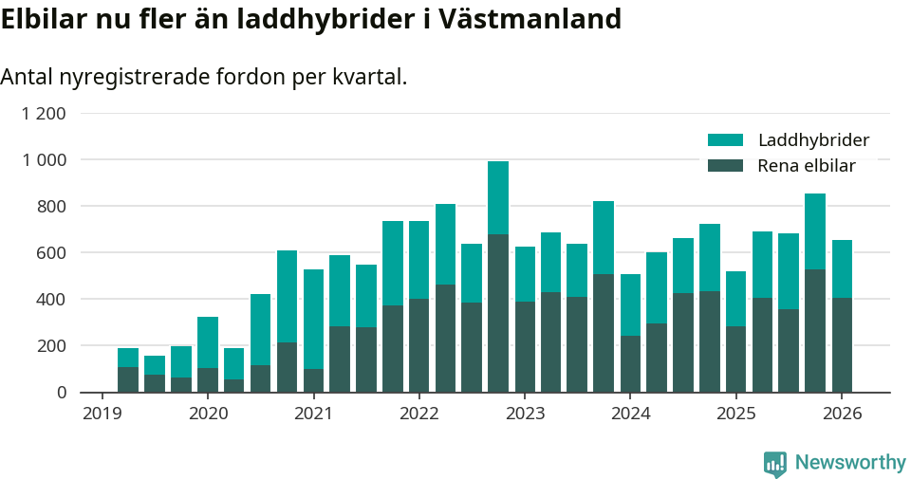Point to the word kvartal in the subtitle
click(369, 77)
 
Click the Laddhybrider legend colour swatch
click(725, 140)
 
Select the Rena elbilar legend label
click(807, 166)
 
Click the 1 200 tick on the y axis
click(44, 114)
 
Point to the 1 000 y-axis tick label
click(44, 160)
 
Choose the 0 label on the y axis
click(62, 393)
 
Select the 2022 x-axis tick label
click(418, 414)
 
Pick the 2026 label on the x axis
click(841, 414)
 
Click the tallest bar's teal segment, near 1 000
click(498, 197)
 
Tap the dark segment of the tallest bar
click(498, 313)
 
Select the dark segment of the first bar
click(128, 379)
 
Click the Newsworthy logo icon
click(775, 463)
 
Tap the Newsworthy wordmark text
click(850, 463)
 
